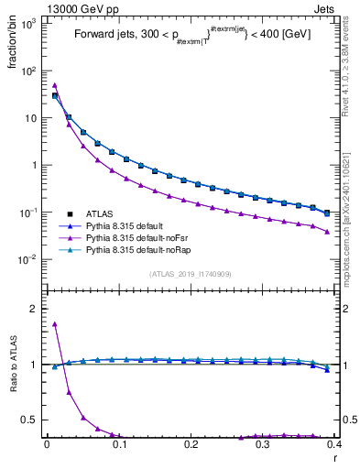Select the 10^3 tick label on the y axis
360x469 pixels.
pos(29,24)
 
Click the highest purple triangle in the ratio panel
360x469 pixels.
pos(55,323)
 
